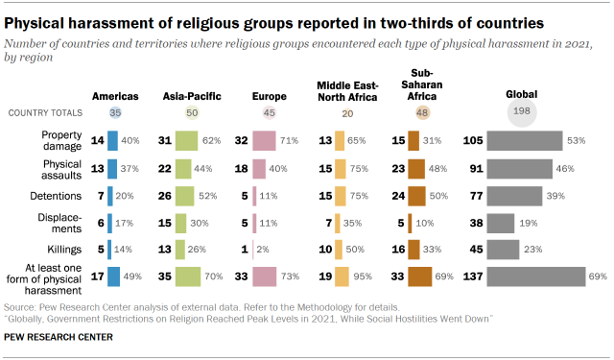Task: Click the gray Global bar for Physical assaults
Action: point(519,170)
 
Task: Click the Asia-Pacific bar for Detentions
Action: point(187,197)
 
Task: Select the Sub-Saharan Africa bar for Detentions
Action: point(414,197)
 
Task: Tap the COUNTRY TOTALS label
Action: point(41,113)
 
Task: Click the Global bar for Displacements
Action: point(499,224)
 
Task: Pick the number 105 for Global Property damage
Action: point(472,142)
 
